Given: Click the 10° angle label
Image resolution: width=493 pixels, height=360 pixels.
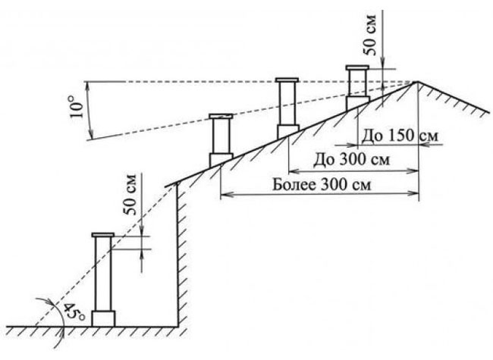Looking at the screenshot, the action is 77,107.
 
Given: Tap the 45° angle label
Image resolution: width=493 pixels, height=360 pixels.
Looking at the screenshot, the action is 74,311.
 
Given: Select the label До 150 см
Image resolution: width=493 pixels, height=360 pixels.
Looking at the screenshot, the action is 399,136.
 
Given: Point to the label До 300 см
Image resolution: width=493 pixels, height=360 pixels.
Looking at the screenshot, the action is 351,160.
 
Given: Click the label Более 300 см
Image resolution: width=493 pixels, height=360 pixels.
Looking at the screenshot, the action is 322,185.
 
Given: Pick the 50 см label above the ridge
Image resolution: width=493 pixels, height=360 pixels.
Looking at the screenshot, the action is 372,35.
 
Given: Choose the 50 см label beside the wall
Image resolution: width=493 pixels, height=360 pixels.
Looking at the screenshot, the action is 131,194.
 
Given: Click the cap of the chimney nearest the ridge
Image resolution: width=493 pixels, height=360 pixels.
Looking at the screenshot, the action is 357,67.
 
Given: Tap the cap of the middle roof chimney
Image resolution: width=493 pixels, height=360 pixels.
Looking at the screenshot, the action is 287,80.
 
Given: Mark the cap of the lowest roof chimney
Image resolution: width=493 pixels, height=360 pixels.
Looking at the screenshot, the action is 221,116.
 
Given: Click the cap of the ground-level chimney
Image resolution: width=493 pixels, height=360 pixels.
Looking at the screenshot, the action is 103,235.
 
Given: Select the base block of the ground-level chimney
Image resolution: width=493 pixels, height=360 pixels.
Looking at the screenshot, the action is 103,319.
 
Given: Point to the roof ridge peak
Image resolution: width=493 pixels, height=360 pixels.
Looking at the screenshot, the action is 418,82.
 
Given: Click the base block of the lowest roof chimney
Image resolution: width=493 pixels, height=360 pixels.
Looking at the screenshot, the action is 221,160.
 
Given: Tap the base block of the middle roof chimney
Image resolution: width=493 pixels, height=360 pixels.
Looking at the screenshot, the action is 287,132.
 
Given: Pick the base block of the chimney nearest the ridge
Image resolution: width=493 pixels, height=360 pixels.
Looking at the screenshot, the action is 357,103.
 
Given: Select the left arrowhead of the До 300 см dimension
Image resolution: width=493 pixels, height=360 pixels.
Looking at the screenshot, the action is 293,171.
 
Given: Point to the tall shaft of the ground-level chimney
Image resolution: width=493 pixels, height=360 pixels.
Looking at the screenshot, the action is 103,274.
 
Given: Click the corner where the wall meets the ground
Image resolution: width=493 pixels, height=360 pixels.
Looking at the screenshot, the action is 178,327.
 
